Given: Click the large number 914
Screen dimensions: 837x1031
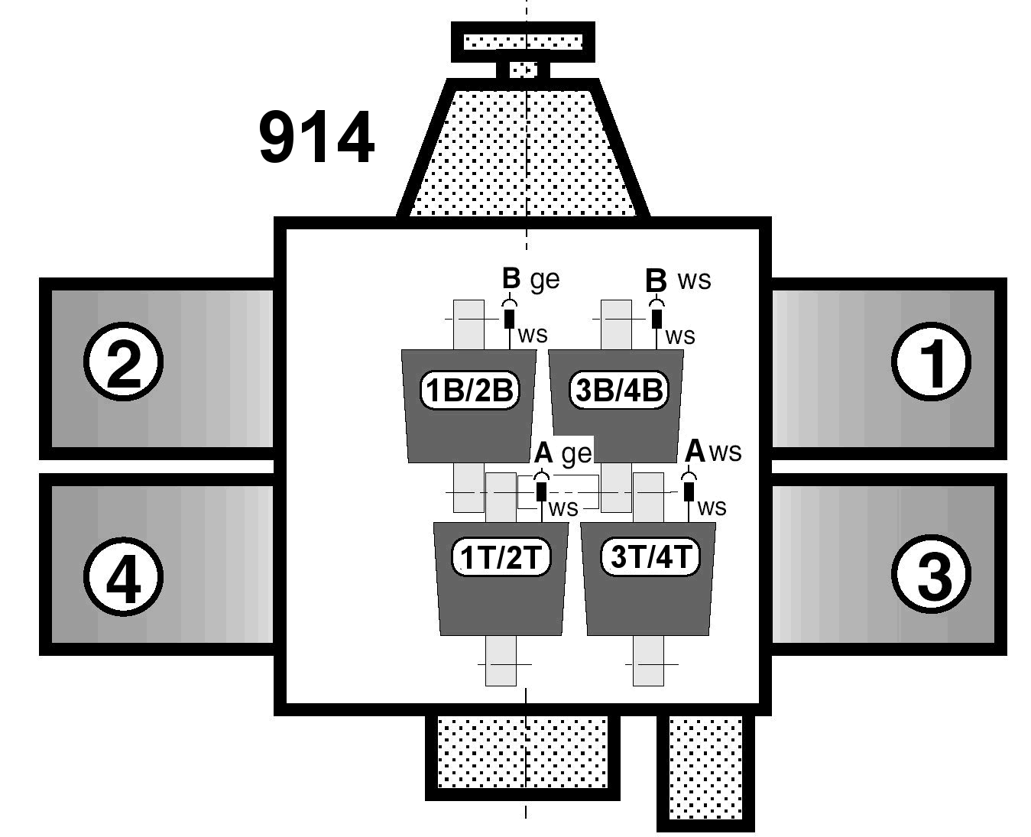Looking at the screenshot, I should click(316, 138).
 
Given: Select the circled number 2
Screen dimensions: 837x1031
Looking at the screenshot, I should click(122, 362).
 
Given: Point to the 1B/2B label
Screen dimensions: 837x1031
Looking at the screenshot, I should click(469, 391).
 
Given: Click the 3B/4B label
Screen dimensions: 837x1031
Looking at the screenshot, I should click(618, 391).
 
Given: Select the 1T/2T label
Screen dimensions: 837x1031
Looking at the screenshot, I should click(501, 557).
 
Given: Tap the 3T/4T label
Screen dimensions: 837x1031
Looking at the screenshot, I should click(650, 556).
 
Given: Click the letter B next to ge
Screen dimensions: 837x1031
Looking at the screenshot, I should click(511, 279).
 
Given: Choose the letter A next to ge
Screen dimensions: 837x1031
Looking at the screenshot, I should click(543, 453).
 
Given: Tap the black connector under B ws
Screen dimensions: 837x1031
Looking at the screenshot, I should click(657, 317).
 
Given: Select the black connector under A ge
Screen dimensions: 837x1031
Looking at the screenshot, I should click(542, 490).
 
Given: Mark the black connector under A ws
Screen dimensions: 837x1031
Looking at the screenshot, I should click(689, 490).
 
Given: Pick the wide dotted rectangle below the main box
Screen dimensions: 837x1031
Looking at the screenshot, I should click(523, 753).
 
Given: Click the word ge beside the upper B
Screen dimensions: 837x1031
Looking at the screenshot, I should click(545, 281).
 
